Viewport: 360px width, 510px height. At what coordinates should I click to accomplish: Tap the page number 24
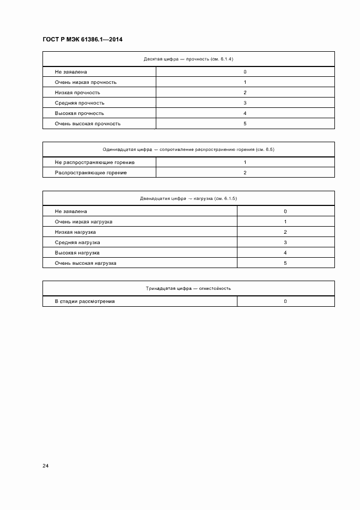click(x=46, y=466)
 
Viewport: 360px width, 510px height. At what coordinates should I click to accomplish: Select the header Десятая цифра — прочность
click(x=188, y=59)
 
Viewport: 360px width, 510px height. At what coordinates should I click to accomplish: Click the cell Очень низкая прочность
click(x=86, y=82)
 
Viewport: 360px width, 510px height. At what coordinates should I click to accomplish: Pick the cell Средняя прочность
click(x=80, y=103)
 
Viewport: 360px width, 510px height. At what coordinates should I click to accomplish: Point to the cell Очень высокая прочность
click(x=88, y=124)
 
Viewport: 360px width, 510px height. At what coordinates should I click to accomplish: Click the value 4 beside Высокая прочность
click(x=245, y=113)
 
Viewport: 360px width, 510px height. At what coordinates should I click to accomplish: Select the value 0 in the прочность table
click(x=245, y=72)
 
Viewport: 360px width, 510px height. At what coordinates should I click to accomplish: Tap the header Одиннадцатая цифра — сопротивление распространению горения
click(x=188, y=149)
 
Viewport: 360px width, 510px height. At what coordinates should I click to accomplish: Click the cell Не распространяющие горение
click(x=95, y=162)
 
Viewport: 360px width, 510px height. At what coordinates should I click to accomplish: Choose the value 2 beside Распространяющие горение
click(x=245, y=173)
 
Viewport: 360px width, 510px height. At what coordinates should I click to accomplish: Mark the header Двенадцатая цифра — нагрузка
click(x=188, y=198)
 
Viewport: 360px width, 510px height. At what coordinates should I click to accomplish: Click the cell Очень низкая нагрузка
click(x=84, y=222)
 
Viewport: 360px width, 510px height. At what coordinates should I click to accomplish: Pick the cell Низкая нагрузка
click(x=75, y=232)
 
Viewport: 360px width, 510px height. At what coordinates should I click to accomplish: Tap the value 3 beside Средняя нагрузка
click(x=285, y=242)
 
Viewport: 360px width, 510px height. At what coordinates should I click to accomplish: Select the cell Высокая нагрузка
click(x=77, y=253)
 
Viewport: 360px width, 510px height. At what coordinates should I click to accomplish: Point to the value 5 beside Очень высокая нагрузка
click(x=285, y=263)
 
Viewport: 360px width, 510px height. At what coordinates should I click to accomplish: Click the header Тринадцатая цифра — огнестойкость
click(x=188, y=288)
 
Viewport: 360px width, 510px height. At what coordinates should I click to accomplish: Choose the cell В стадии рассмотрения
click(x=84, y=301)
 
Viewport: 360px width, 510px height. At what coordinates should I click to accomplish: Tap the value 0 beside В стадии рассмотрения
click(x=285, y=301)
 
